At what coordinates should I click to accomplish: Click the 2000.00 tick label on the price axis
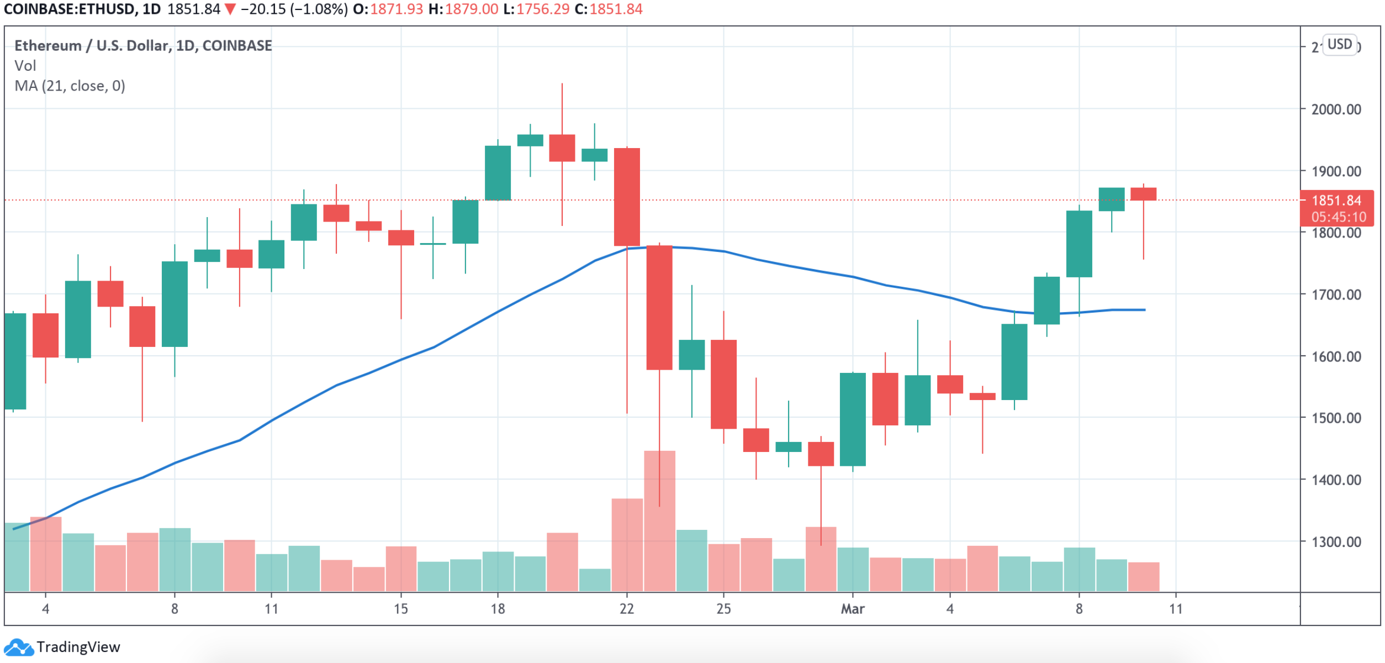[x=1336, y=109]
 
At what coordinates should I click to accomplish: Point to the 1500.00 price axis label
[x=1336, y=418]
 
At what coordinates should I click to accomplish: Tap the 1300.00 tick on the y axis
[x=1336, y=541]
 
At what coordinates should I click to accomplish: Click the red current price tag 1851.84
[x=1336, y=201]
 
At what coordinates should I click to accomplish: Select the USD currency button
[x=1339, y=44]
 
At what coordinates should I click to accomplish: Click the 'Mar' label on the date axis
[x=852, y=609]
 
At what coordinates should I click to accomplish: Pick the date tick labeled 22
[x=627, y=609]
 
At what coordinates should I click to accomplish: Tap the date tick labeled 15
[x=401, y=609]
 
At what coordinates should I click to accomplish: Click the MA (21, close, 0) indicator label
[x=70, y=86]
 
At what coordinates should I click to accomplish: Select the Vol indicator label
[x=25, y=66]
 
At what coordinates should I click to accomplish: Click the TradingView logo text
[x=78, y=647]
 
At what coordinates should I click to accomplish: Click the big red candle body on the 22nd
[x=627, y=197]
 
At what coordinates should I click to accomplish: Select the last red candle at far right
[x=1143, y=194]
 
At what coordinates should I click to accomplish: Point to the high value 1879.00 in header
[x=471, y=9]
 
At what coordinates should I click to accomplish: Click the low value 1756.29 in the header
[x=542, y=9]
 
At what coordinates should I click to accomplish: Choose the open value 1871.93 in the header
[x=396, y=9]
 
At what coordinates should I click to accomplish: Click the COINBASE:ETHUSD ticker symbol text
[x=69, y=9]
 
